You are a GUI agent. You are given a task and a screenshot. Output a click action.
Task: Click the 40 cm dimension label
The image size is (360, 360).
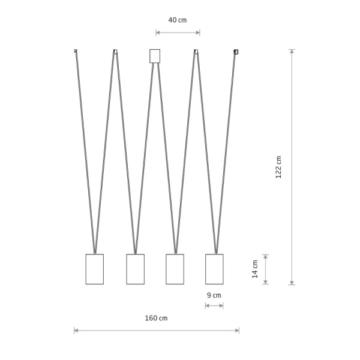click(178, 20)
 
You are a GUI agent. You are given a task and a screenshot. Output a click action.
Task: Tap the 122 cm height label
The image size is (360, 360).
click(278, 167)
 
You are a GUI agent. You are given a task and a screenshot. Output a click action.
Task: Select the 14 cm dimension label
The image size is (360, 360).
click(255, 269)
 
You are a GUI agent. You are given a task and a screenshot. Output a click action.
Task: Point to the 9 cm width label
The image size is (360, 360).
click(214, 295)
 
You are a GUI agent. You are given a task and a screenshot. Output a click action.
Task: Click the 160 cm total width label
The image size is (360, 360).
click(156, 318)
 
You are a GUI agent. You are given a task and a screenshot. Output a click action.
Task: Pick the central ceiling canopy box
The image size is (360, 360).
click(155, 56)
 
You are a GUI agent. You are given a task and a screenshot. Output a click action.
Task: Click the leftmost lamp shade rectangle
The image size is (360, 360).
click(95, 269)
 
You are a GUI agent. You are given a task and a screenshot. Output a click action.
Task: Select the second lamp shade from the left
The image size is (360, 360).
click(136, 269)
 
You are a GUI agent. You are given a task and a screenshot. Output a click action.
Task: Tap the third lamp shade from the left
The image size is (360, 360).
click(175, 269)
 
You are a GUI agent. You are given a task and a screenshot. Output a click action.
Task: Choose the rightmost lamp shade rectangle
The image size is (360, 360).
click(214, 269)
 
